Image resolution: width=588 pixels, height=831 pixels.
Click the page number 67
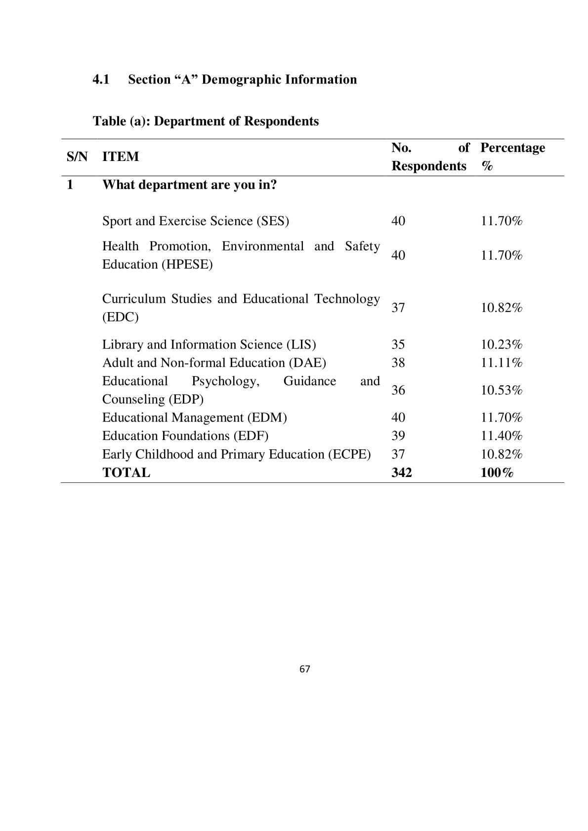304,669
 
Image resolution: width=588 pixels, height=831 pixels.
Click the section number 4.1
101,79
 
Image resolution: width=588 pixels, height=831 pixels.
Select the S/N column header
77,157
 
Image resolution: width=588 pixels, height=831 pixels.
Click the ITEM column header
121,157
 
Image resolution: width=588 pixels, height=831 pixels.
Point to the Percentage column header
512,148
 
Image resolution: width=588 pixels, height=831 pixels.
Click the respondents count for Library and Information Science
398,344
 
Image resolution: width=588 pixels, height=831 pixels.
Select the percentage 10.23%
502,344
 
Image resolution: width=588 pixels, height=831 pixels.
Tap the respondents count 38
398,363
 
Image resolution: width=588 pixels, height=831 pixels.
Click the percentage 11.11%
502,363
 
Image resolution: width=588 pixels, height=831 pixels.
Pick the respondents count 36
398,390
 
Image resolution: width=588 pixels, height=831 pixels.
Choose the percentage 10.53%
502,390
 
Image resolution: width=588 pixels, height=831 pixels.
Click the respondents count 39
398,435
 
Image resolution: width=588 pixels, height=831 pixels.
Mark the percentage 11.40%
502,435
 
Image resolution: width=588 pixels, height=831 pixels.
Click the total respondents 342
401,473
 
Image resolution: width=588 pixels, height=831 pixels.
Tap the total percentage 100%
497,473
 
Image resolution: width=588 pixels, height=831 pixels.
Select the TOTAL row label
126,473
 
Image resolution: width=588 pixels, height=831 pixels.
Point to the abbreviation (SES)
272,221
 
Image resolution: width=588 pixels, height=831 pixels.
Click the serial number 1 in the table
70,185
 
